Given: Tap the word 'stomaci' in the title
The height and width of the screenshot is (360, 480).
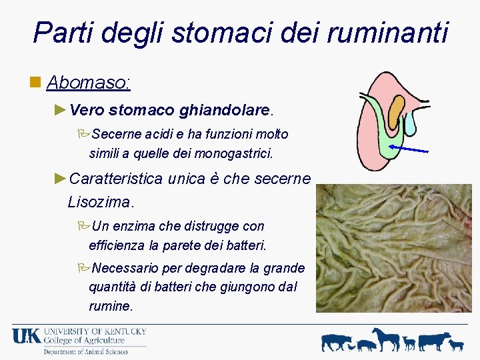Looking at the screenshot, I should click(205, 32).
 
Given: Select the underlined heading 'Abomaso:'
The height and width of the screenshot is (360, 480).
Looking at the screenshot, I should click(88, 83).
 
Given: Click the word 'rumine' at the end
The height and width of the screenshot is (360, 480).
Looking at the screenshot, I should click(110, 306).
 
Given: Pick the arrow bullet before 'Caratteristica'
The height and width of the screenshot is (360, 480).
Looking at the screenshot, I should click(60, 179).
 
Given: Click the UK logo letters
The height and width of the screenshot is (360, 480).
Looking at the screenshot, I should click(26, 335).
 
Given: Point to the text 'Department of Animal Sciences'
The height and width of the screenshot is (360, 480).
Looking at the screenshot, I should click(85, 351).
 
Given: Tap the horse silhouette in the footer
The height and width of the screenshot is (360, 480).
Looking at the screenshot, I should click(387, 339).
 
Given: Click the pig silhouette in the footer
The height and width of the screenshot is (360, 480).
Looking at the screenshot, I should click(367, 345).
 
